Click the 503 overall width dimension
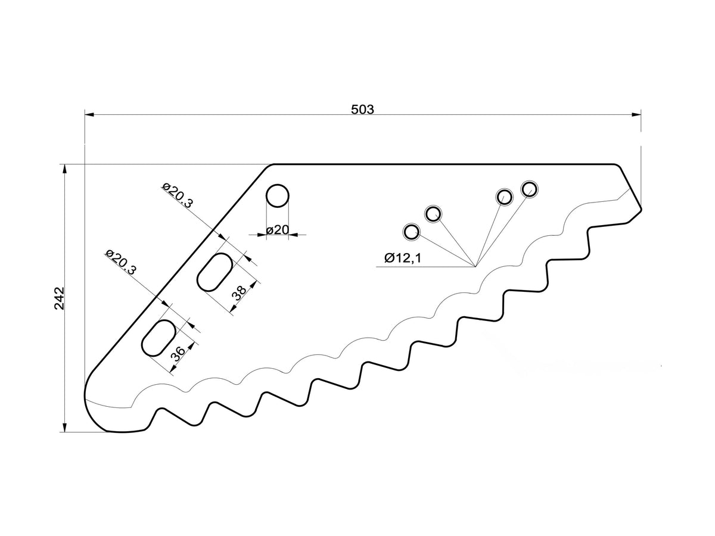coord(362,109)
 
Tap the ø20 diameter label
coord(277,230)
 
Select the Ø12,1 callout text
coord(403,258)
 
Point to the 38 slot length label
coord(239,292)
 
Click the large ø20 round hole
coord(278,196)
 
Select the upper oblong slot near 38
coord(215,272)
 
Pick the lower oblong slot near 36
coord(158,338)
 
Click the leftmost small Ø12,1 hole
coord(411,232)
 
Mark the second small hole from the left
coord(433,213)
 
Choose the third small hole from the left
coord(504,197)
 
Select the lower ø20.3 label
coord(121,261)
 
